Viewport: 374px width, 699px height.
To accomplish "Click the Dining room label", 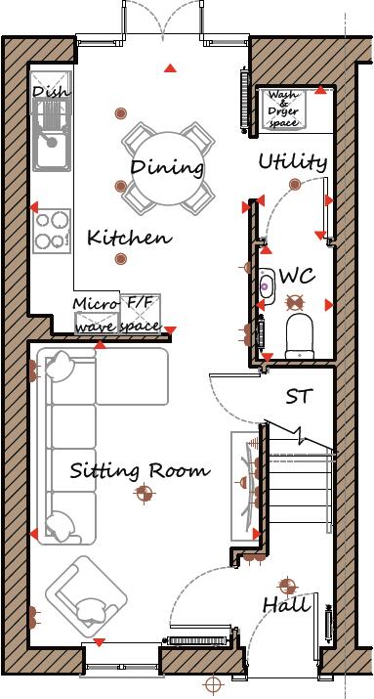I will pos(168,167).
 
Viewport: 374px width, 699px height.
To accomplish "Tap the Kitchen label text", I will pos(129,238).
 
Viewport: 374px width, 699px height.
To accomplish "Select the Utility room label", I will pos(292,162).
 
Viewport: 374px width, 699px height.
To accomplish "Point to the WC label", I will pos(297,277).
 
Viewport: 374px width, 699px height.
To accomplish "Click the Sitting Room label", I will pos(140,470).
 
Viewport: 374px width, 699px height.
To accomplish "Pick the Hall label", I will pos(286,606).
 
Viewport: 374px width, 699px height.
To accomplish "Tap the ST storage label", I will pos(298,397).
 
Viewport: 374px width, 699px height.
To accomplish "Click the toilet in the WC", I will pos(299,333).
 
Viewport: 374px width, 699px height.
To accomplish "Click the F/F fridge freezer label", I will pos(142,303).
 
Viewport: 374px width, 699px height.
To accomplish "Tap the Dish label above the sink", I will pos(50,93).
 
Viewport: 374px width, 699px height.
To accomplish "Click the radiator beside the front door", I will pos(199,639).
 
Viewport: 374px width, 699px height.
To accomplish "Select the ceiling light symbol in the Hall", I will pos(287,587).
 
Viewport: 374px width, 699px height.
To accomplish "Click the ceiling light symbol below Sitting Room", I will pos(145,495).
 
